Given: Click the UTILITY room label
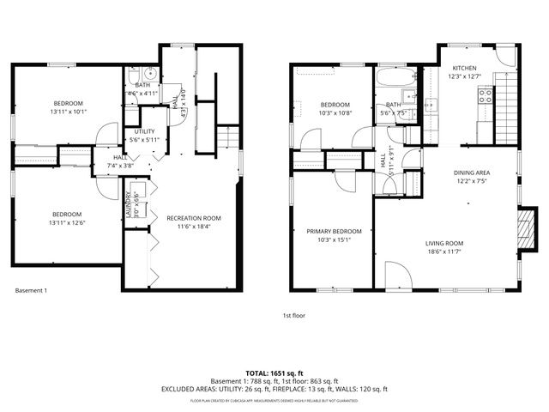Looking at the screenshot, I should click(x=144, y=131).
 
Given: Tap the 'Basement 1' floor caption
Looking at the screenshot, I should click(x=32, y=291).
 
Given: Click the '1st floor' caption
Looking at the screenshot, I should click(x=294, y=316).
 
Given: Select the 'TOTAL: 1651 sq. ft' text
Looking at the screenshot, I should click(x=274, y=373).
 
